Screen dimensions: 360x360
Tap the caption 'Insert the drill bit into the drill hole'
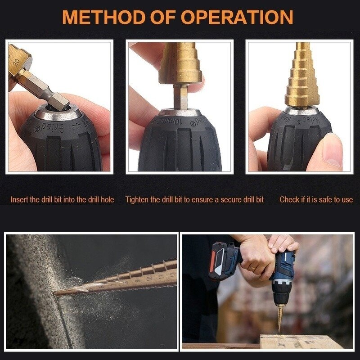coord(62,199)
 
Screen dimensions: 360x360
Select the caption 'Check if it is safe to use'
coord(316,199)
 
